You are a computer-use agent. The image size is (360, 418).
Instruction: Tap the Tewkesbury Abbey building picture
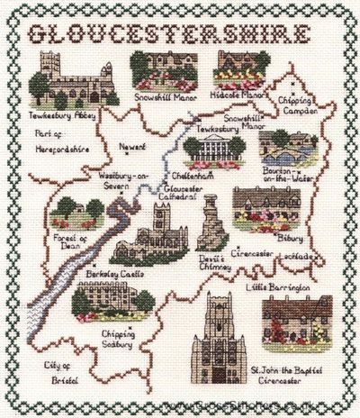pyautogui.click(x=68, y=82)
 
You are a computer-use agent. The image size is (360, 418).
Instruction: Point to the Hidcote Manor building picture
pyautogui.click(x=238, y=68)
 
